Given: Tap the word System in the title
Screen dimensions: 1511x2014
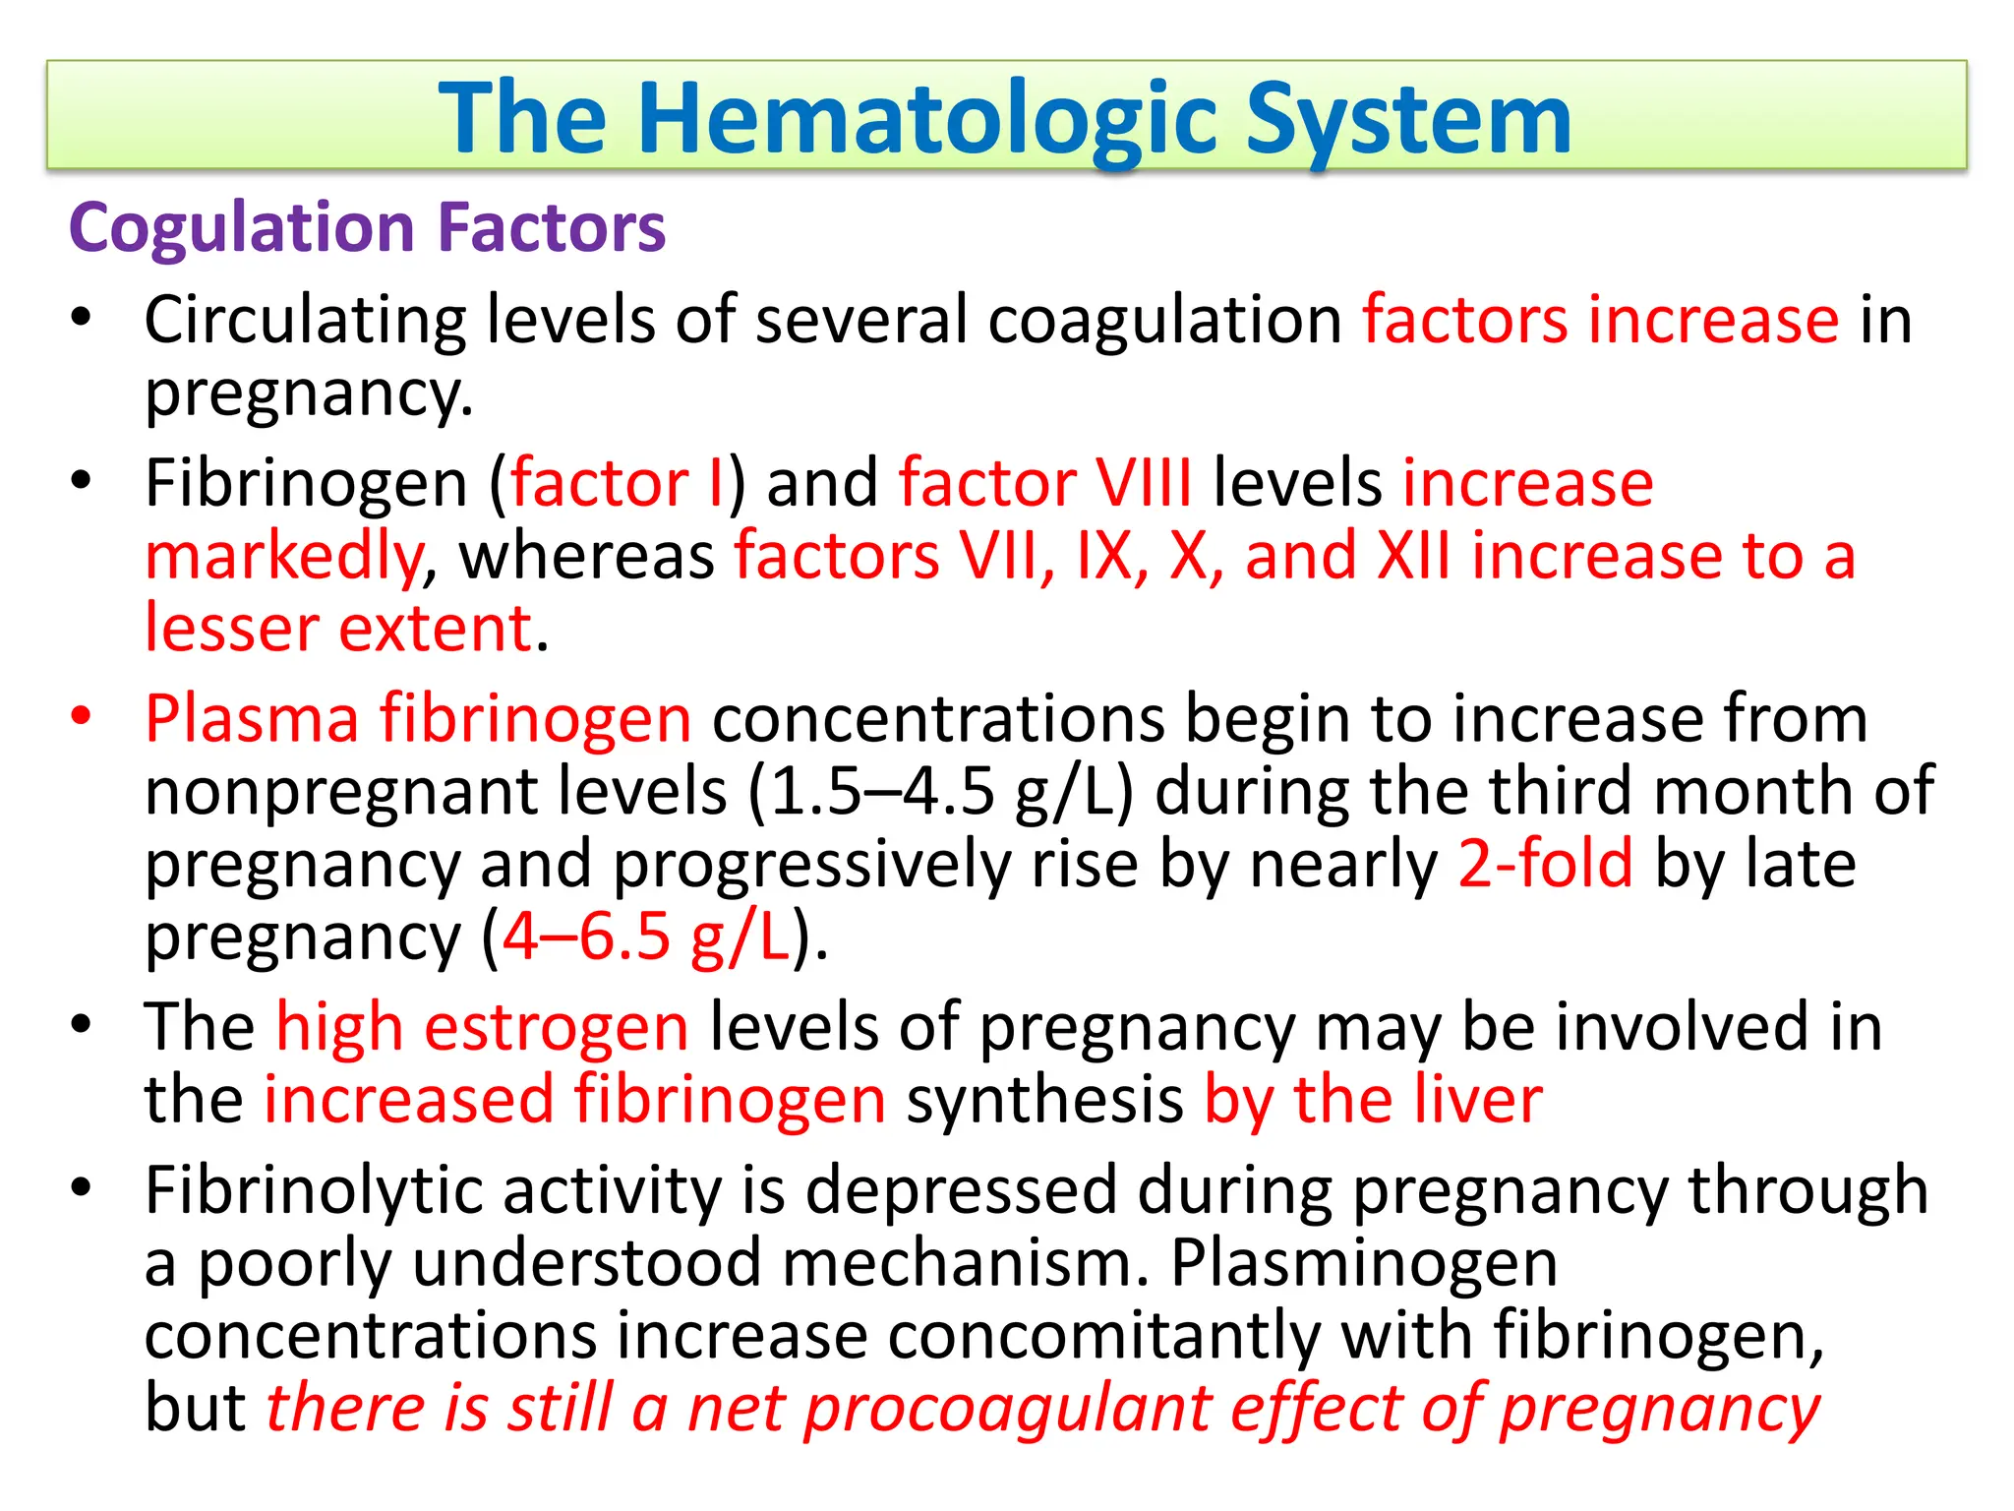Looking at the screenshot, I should pos(1408,120).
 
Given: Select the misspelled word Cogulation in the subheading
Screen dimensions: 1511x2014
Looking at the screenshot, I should pos(242,228).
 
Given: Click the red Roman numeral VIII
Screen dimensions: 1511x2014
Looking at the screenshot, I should pos(1144,483).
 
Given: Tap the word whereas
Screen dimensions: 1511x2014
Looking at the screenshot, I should pos(587,556).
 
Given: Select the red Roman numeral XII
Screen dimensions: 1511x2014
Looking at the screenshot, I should pos(1412,556).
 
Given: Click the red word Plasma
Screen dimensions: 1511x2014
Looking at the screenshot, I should pos(252,718).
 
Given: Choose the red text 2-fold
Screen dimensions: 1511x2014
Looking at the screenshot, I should pos(1545,864).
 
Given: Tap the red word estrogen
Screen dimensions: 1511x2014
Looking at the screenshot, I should pos(556,1027).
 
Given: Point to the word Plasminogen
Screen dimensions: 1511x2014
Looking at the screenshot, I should pos(1364,1263).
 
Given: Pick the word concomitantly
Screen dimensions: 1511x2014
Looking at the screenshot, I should pos(1103,1336).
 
